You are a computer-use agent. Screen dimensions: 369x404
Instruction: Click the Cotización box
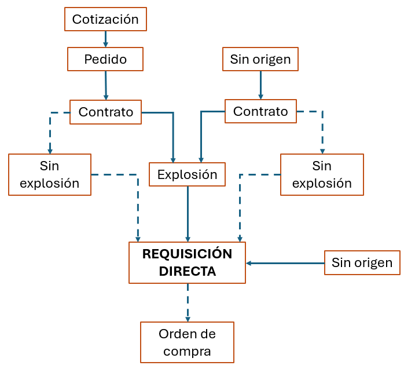tap(105, 19)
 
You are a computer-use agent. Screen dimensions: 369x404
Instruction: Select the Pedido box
tap(105, 59)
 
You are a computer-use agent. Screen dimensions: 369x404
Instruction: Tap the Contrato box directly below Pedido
tap(105, 112)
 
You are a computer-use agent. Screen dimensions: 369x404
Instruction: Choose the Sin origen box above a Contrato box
tap(260, 59)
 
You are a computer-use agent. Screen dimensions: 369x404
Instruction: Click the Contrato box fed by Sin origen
tap(260, 111)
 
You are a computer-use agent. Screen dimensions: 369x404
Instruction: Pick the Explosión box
tap(187, 174)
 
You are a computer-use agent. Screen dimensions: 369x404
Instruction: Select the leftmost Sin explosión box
tap(50, 174)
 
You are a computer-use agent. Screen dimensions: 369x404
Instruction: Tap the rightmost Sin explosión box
tap(322, 174)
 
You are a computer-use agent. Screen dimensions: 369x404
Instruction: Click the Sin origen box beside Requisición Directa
tap(362, 263)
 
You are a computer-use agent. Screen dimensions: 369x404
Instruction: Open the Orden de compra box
tap(187, 342)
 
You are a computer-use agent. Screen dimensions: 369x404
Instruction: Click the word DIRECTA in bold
tap(187, 271)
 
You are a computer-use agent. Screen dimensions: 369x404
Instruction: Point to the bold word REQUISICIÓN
tap(187, 254)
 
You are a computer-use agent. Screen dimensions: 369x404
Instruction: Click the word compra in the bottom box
tap(187, 351)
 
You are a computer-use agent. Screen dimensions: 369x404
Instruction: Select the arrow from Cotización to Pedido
tap(105, 39)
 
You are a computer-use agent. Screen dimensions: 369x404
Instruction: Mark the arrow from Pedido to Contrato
tap(106, 85)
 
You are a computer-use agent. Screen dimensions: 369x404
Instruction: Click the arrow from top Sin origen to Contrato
tap(260, 85)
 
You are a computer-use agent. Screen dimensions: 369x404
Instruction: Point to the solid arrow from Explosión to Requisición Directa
tap(187, 214)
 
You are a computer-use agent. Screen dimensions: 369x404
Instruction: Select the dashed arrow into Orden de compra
tap(187, 302)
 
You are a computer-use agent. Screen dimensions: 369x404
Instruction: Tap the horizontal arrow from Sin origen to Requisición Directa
tap(285, 263)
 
